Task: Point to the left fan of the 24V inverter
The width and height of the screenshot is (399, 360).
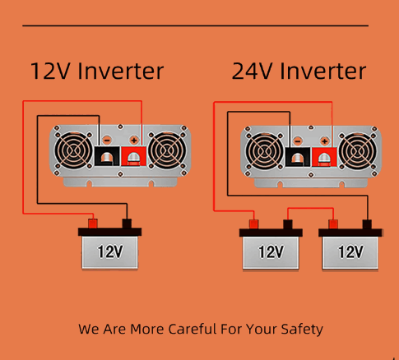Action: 265,153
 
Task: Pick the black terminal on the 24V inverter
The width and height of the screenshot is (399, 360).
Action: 297,156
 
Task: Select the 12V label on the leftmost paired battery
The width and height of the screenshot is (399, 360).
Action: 271,252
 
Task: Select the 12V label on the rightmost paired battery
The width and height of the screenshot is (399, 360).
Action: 350,252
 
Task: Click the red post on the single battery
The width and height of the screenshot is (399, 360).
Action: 93,223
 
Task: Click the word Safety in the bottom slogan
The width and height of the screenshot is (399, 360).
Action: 300,330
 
